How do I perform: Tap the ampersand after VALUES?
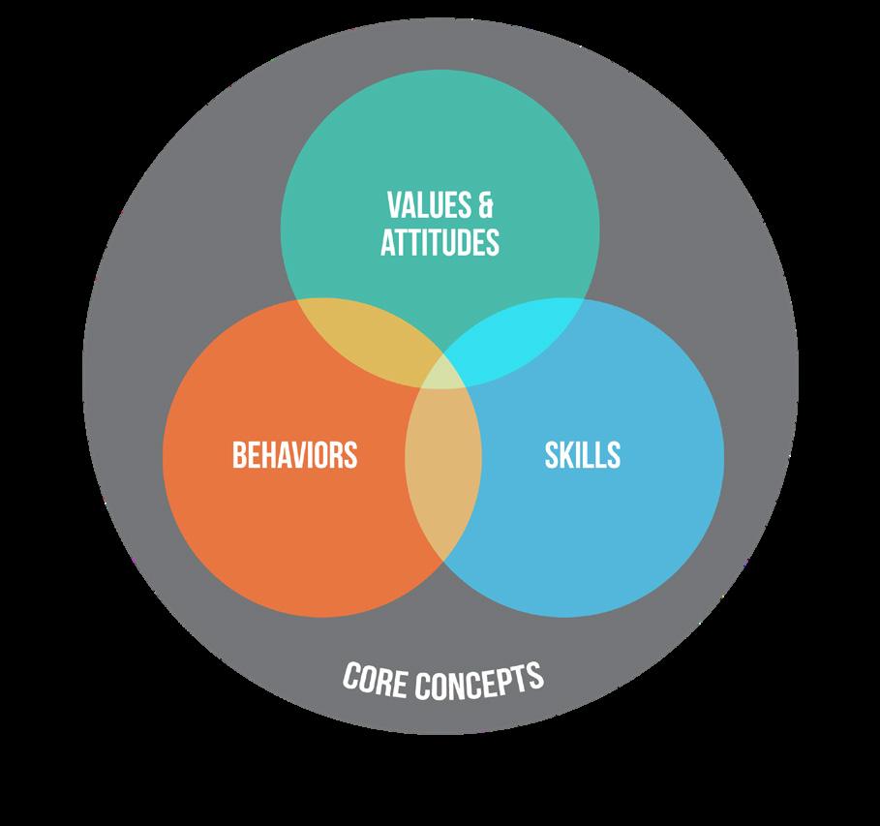[x=485, y=206]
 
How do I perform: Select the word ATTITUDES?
[x=440, y=241]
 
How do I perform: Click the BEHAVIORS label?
[x=294, y=454]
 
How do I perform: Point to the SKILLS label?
[x=582, y=454]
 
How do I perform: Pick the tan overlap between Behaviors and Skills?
[x=442, y=474]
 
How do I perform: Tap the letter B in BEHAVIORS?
[x=238, y=454]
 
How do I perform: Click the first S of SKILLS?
[x=552, y=454]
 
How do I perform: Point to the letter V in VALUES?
[x=393, y=206]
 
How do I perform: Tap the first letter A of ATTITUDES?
[x=386, y=241]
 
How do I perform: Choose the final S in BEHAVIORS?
[x=350, y=454]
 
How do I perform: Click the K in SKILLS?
[x=567, y=454]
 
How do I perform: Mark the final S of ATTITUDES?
[x=493, y=241]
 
